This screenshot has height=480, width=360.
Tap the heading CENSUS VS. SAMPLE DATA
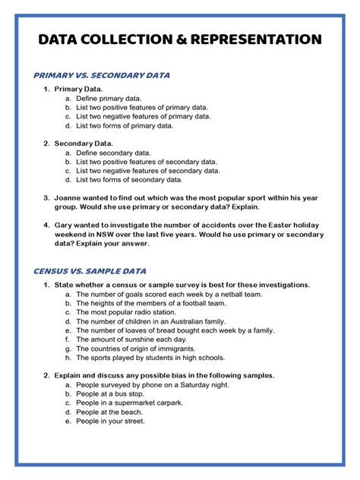pos(90,271)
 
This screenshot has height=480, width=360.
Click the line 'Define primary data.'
pos(109,99)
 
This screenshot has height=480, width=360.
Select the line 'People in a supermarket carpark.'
pos(129,403)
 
